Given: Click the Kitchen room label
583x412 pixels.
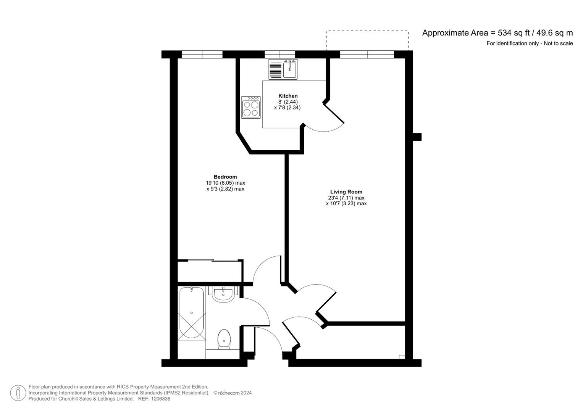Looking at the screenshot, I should click(x=288, y=96).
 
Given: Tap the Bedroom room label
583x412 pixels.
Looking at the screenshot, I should click(x=225, y=177).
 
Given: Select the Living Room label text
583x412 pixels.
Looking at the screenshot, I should click(x=346, y=192).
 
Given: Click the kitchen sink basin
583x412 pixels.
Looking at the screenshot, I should click(x=290, y=69).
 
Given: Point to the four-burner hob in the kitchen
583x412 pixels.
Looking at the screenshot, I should click(x=251, y=108).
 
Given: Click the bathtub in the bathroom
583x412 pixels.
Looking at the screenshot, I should click(x=192, y=313).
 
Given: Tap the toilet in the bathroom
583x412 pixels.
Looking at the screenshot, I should click(x=224, y=339).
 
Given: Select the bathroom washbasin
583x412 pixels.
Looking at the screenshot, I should click(x=223, y=295).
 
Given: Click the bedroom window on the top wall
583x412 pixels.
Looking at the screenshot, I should click(x=202, y=55).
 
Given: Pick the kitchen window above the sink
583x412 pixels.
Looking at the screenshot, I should click(x=280, y=55).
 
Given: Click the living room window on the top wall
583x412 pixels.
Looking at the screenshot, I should click(x=367, y=55).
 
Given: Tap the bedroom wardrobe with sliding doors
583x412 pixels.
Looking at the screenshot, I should click(x=210, y=271).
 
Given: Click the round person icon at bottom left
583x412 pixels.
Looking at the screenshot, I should click(x=18, y=393).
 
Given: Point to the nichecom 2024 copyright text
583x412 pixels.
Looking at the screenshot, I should click(x=233, y=393).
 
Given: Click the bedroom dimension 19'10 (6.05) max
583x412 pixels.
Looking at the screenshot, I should click(x=225, y=183).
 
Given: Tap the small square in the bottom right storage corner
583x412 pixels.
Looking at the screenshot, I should click(x=401, y=357).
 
